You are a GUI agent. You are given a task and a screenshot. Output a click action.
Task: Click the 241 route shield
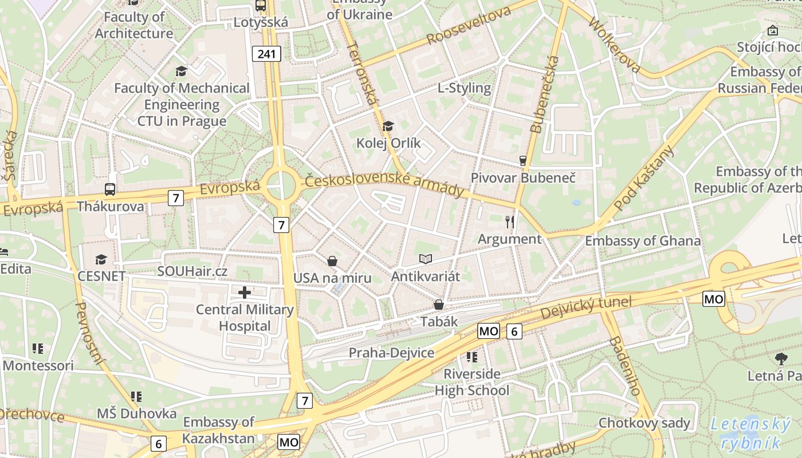[266, 54]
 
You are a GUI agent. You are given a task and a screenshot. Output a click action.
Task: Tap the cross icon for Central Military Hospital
[245, 293]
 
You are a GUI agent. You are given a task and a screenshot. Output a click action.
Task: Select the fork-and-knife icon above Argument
[509, 222]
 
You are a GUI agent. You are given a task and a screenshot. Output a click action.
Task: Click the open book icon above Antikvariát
[425, 259]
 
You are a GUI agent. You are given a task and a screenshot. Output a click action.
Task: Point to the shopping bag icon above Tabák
[439, 305]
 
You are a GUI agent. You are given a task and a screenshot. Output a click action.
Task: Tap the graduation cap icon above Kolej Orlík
[388, 126]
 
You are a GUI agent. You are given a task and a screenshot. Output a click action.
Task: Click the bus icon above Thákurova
[109, 189]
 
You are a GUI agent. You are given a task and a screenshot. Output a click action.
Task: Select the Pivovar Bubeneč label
[522, 177]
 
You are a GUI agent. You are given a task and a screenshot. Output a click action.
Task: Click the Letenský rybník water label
[750, 433]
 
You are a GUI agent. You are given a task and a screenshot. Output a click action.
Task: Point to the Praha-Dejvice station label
[391, 353]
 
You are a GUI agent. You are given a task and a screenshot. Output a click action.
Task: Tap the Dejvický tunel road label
[585, 309]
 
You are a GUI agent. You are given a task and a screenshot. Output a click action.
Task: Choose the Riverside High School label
[471, 382]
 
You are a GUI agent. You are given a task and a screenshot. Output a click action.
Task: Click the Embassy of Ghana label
[642, 240]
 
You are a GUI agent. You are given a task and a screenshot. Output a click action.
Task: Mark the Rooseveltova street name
[469, 27]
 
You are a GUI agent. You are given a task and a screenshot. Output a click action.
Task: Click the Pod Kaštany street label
[644, 177]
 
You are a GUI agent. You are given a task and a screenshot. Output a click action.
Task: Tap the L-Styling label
[464, 88]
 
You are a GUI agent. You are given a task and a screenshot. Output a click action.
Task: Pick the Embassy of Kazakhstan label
[218, 431]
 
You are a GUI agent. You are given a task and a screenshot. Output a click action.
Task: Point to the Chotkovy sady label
[644, 423]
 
